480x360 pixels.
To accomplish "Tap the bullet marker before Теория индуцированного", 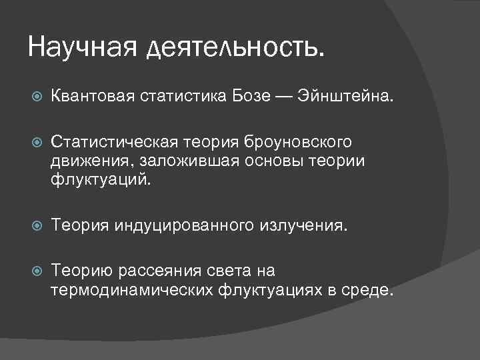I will coord(37,225).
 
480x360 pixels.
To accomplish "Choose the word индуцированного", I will coord(184,226).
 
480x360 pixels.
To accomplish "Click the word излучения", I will coord(302,225).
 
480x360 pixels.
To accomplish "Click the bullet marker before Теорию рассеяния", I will coord(37,271).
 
